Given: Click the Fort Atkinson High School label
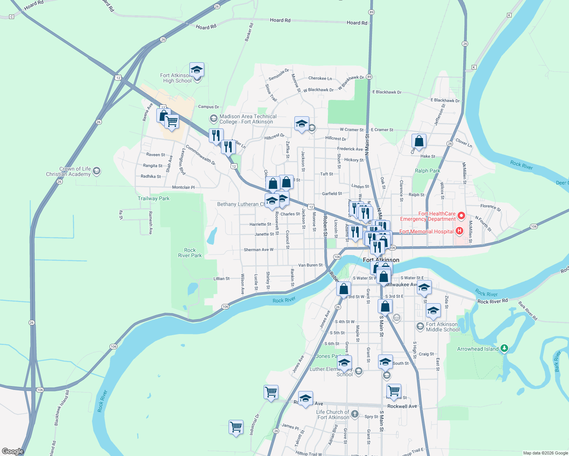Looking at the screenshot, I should [177, 78].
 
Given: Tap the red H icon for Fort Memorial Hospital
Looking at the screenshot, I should [459, 231].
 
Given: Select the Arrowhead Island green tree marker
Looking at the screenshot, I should [504, 348].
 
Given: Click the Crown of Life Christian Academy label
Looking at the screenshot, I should [68, 172].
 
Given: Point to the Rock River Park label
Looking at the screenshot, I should [190, 253].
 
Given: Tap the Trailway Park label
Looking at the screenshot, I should [154, 199].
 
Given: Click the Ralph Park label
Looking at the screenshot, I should [428, 171].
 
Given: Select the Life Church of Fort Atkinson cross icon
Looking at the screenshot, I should [354, 414].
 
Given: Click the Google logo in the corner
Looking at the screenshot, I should [13, 451].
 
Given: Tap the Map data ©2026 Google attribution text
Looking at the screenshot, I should [545, 453].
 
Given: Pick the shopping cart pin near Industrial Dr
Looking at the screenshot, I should [236, 427].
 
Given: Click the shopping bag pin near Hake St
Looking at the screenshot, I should [419, 141].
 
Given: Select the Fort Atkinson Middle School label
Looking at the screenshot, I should [443, 327].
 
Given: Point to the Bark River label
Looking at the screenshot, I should [557, 361].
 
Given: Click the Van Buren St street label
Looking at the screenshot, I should [310, 265].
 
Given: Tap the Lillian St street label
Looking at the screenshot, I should [221, 279].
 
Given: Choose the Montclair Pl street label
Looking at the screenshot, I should [183, 188].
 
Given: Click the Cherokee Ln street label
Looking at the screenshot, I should [320, 79].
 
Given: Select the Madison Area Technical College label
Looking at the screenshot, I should [248, 119].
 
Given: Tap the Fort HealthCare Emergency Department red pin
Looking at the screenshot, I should [461, 216].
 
